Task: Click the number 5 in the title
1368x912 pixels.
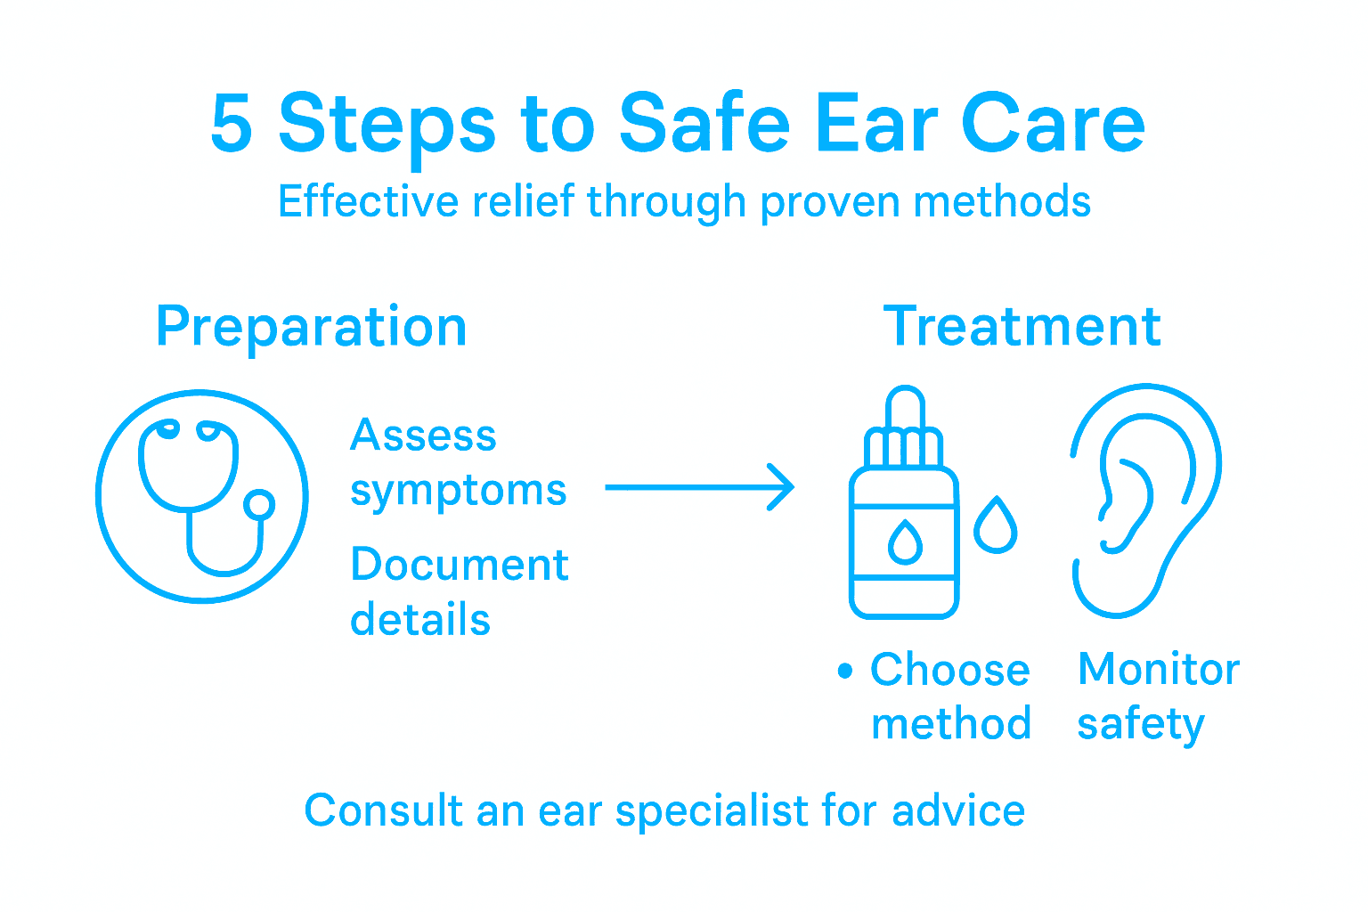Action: [x=232, y=125]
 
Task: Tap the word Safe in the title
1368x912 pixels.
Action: [x=704, y=125]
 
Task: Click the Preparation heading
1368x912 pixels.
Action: [x=311, y=328]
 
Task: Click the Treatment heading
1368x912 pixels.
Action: [x=1022, y=327]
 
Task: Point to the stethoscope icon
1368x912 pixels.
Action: [x=202, y=496]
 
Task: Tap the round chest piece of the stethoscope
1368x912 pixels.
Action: [x=259, y=505]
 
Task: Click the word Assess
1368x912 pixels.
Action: [x=423, y=436]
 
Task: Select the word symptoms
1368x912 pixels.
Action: [x=458, y=492]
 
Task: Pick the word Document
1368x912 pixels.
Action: [x=460, y=566]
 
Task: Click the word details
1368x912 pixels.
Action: [x=420, y=621]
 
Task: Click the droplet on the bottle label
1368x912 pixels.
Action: [x=905, y=542]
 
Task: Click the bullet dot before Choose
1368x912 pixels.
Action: [x=845, y=671]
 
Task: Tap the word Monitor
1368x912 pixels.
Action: [x=1158, y=670]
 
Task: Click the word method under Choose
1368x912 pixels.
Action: [x=950, y=725]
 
